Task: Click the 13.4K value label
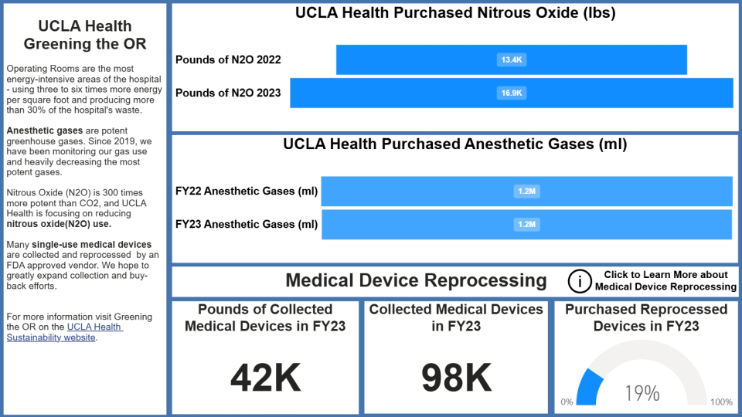tap(512, 59)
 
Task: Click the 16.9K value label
tap(512, 93)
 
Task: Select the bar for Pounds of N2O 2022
tap(417, 59)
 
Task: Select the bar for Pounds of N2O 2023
tap(386, 93)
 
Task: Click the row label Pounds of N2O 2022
tap(228, 59)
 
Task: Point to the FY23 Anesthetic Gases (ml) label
tap(246, 225)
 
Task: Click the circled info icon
tap(579, 281)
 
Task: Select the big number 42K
tap(265, 378)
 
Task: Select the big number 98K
tap(456, 378)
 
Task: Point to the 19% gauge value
tap(642, 393)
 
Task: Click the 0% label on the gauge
tap(567, 402)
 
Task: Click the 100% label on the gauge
tap(721, 402)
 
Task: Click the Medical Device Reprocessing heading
tap(416, 280)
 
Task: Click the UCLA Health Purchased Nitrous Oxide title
tap(454, 13)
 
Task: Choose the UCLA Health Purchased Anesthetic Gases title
tap(454, 144)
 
